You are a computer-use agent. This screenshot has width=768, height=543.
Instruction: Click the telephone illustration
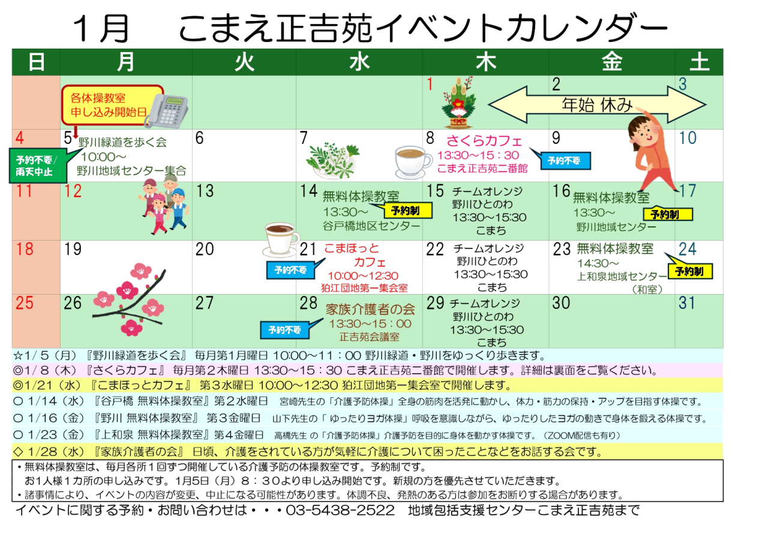tap(166, 109)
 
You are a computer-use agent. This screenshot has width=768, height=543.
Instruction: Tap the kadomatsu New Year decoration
tap(458, 103)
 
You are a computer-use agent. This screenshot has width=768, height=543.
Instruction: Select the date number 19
tap(73, 250)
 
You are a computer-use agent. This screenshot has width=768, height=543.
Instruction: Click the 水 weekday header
tap(359, 62)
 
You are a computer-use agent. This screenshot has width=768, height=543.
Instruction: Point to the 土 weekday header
tap(699, 62)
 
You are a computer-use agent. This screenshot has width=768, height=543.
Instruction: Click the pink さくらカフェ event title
tap(485, 141)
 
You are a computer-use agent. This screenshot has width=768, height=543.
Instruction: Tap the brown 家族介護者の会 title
tap(370, 310)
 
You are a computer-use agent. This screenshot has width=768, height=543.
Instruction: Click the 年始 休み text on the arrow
tap(597, 106)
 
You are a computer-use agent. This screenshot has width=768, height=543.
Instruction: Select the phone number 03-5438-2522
tap(340, 511)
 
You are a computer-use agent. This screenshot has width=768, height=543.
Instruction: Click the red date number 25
tap(25, 303)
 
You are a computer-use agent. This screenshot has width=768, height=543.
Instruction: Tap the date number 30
tap(561, 303)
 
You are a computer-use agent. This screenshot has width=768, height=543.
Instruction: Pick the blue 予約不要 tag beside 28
tap(284, 329)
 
